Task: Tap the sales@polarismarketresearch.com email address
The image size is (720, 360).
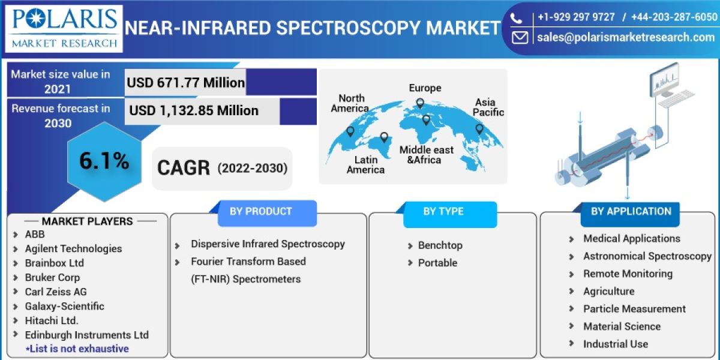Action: [x=626, y=37]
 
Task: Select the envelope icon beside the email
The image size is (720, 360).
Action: [x=520, y=37]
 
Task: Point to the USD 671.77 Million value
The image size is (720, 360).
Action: [x=185, y=82]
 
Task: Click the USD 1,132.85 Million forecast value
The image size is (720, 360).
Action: [x=194, y=110]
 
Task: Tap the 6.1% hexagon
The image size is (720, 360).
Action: [x=104, y=161]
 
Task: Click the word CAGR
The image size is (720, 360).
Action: [x=183, y=168]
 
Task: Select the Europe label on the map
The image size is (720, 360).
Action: [x=425, y=88]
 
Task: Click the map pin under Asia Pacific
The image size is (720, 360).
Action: [x=479, y=129]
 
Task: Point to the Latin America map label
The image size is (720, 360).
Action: [x=365, y=164]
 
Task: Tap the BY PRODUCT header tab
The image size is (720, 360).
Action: [x=260, y=211]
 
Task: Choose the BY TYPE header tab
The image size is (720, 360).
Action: [x=443, y=211]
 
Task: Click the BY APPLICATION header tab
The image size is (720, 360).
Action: [x=631, y=211]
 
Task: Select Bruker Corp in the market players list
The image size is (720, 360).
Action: [x=52, y=277]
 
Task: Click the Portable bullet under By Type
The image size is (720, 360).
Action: [x=437, y=263]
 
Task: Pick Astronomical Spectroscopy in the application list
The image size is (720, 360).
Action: [x=647, y=256]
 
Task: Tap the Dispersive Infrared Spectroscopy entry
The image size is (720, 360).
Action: [x=268, y=244]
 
